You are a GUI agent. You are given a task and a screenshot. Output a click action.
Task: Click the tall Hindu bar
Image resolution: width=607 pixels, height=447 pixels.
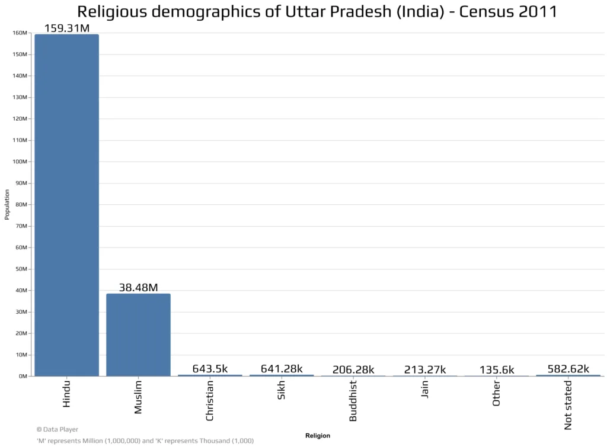[x=66, y=205]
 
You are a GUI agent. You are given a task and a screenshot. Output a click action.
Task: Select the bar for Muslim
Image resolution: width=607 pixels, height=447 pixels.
[x=138, y=335]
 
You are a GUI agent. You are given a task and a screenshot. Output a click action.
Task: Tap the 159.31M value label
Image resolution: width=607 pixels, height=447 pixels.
[x=66, y=28]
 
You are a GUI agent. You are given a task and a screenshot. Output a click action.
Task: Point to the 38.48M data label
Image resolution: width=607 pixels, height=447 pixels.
[x=138, y=287]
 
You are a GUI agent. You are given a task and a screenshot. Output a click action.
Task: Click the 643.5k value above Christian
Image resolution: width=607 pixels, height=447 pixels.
[x=210, y=368]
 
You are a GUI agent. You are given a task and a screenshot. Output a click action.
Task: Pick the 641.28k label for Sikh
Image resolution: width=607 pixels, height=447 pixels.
[x=282, y=368]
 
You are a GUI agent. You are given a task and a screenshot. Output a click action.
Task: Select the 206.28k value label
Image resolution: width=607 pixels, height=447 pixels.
[x=353, y=369]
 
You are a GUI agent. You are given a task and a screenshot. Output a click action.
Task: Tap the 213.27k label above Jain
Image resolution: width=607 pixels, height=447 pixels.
[x=424, y=369]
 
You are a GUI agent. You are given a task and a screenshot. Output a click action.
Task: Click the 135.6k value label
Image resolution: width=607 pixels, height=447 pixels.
[x=497, y=369]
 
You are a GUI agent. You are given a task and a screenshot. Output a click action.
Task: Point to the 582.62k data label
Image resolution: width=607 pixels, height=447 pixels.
[x=568, y=368]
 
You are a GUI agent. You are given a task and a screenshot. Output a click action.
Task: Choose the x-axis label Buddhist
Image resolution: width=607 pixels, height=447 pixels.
[x=353, y=401]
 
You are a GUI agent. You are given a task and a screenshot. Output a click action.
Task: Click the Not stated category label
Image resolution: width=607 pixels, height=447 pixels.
[x=568, y=405]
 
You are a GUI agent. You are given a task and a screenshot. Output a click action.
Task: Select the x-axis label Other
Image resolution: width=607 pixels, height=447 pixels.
[x=496, y=393]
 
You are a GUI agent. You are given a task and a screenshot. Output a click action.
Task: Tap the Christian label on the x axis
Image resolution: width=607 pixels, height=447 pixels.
[x=209, y=401]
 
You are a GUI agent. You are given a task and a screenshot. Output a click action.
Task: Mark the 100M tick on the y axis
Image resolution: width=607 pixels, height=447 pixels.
[x=20, y=162]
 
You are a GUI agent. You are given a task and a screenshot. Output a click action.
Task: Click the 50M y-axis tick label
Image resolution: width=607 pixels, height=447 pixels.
[x=21, y=269]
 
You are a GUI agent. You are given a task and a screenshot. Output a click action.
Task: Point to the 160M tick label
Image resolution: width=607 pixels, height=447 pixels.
[x=20, y=33]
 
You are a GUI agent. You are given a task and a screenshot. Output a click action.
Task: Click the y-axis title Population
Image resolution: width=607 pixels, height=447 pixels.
[x=7, y=204]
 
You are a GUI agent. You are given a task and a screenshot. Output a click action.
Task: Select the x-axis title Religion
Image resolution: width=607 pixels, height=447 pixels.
[x=318, y=435]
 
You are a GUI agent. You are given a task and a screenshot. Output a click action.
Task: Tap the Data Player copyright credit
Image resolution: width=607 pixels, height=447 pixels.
[x=57, y=429]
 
